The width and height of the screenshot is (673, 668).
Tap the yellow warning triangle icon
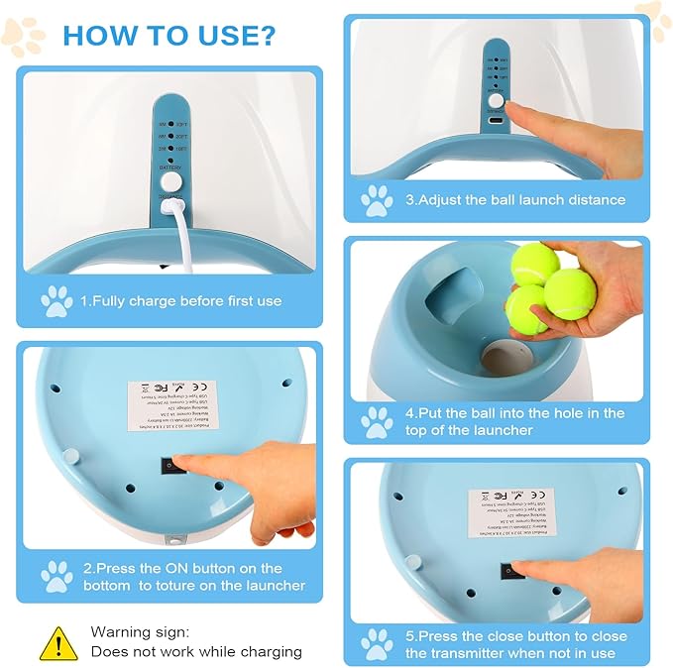[x=58, y=642]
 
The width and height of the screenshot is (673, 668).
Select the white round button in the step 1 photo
[x=173, y=182]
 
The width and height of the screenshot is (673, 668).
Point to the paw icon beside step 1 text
[x=56, y=299]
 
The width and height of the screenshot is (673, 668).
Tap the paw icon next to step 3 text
[x=377, y=199]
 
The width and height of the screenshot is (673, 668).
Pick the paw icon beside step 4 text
[x=377, y=422]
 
